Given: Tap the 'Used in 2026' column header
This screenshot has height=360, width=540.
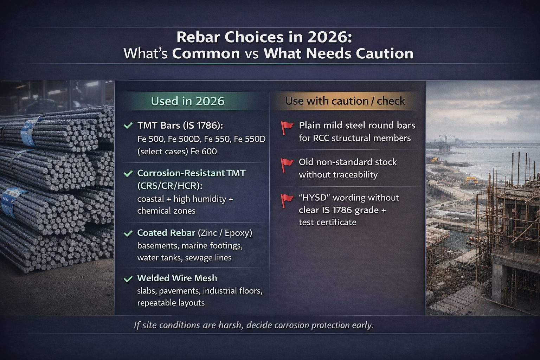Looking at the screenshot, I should coord(187,101).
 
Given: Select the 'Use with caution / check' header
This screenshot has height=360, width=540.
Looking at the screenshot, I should coord(345,101).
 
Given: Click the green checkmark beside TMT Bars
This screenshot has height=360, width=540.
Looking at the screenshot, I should coord(128,126).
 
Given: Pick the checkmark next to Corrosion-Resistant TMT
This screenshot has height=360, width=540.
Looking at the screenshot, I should coord(128,173).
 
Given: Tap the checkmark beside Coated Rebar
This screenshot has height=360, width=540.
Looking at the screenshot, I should coord(128,233).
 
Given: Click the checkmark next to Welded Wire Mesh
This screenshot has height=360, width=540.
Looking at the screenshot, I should coord(128,279).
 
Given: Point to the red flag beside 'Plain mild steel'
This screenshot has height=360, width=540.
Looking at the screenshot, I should coord(287,128).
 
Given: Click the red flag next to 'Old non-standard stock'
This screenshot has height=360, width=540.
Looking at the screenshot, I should coord(287,165).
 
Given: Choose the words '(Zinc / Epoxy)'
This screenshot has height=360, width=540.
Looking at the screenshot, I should coord(225,233).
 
